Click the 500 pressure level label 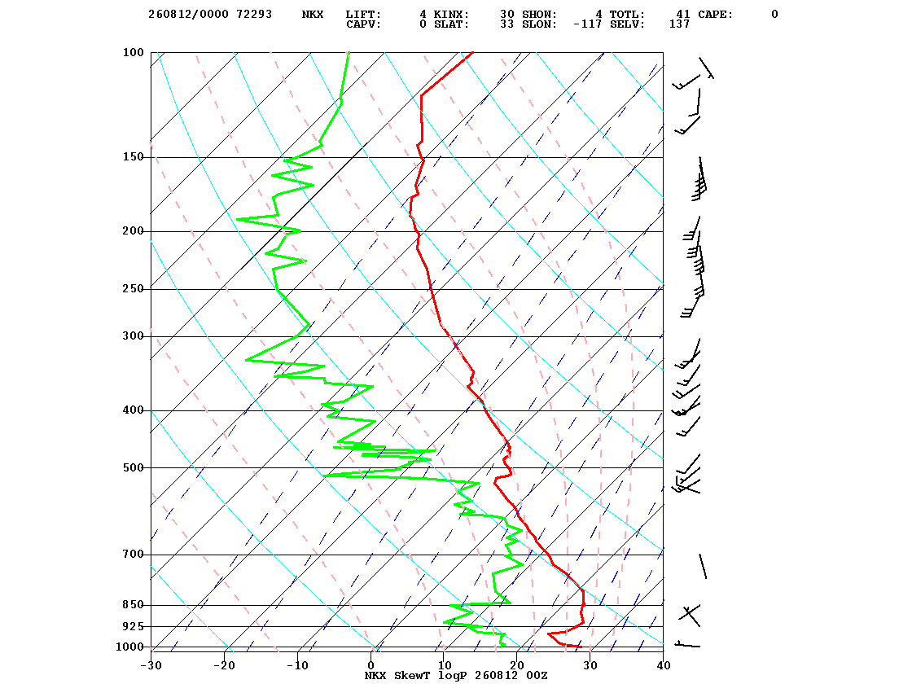133,467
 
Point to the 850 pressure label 133,605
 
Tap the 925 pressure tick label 133,626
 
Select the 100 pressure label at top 133,52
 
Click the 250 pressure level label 133,289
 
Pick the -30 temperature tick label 151,665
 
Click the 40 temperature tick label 664,665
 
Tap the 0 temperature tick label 371,665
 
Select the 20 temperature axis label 517,665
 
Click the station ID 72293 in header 254,14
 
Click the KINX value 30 506,14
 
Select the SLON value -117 587,24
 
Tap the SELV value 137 679,24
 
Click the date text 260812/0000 188,14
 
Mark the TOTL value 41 682,14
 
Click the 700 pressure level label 133,555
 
